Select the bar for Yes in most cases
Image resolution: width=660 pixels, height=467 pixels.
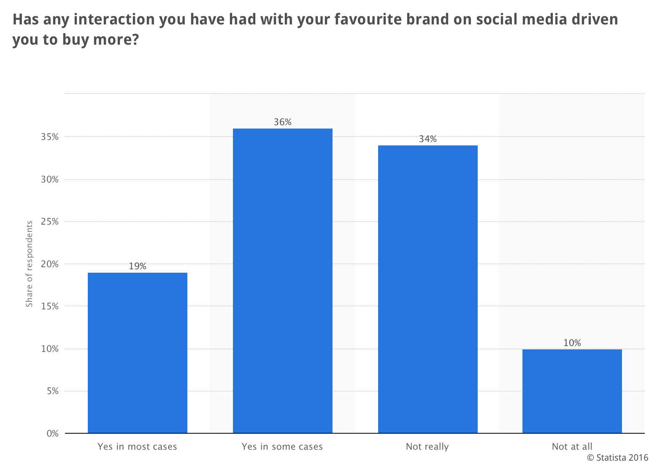point(138,353)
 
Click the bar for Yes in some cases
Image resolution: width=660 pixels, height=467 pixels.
point(283,281)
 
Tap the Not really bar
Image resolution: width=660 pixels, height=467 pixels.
point(427,289)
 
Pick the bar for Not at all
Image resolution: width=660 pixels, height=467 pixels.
point(572,391)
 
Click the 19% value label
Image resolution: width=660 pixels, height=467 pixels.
point(138,266)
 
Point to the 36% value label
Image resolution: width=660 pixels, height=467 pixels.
point(283,122)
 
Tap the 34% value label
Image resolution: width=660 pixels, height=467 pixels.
point(427,139)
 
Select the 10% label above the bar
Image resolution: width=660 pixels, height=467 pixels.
point(572,343)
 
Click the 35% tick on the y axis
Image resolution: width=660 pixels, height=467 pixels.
point(50,137)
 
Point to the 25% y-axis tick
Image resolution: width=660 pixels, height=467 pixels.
point(50,222)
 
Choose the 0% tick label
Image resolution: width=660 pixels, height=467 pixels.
point(52,433)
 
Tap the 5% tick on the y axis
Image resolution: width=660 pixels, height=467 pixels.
point(52,391)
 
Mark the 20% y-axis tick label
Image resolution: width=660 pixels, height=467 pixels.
point(50,264)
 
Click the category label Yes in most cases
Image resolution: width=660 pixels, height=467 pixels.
point(138,447)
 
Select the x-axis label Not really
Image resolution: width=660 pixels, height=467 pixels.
point(427,447)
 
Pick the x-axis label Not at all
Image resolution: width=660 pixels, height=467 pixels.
point(572,447)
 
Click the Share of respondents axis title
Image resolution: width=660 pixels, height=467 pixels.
point(29,264)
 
